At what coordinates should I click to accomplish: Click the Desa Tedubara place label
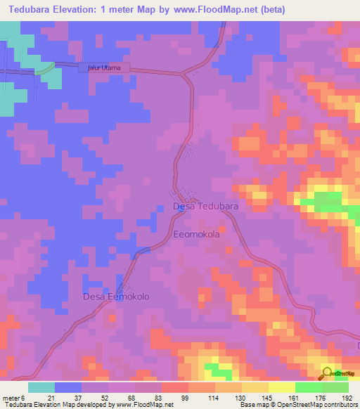[205, 207]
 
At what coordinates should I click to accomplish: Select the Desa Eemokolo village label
[116, 297]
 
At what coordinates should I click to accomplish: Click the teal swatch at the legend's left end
[41, 387]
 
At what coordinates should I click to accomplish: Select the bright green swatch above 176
[309, 387]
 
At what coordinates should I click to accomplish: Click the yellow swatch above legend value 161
[282, 387]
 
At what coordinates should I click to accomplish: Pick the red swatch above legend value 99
[175, 387]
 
